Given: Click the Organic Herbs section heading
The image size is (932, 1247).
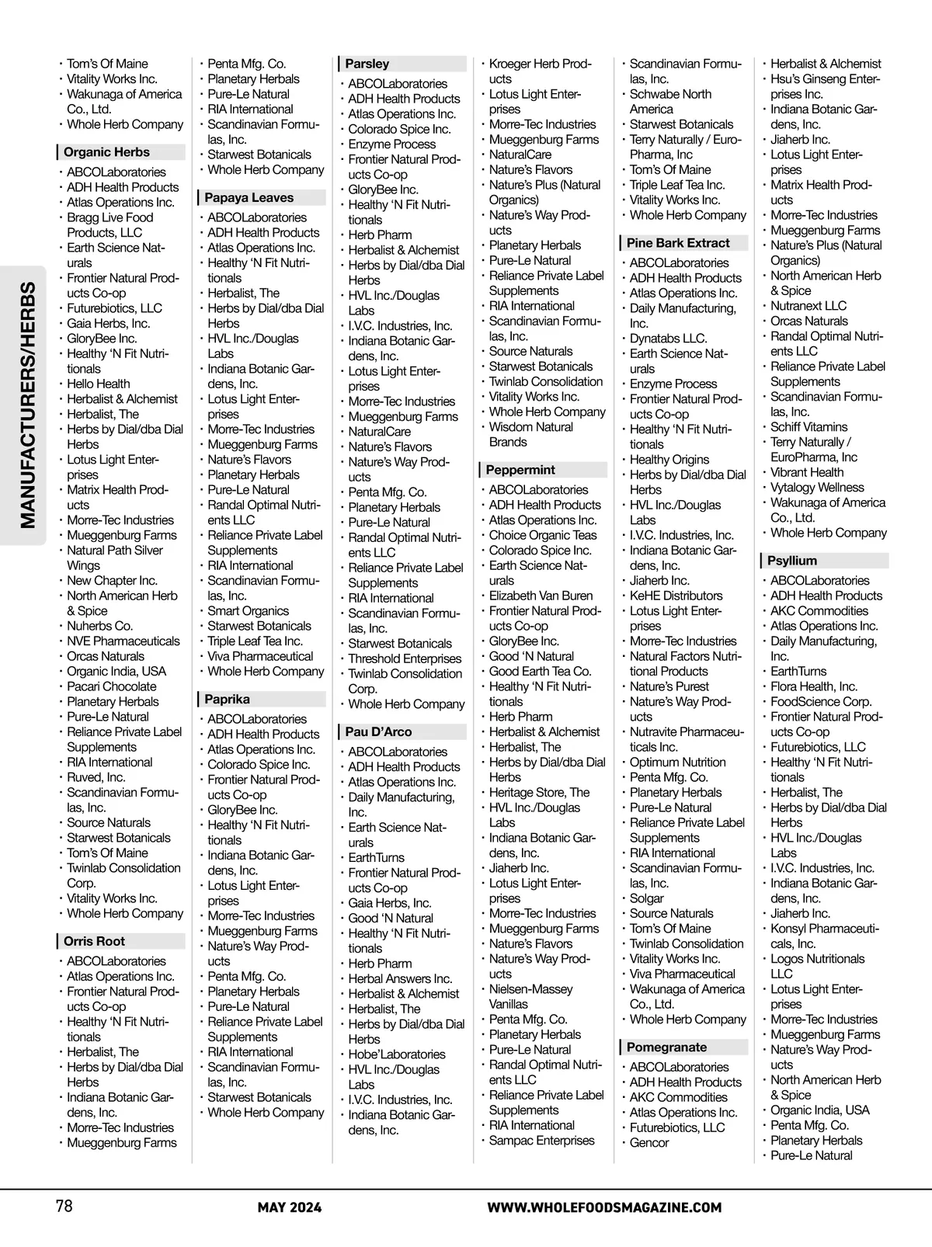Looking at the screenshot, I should click(106, 152).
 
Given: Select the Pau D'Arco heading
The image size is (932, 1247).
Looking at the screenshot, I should click(378, 731).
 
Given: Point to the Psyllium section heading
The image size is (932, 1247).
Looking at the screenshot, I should click(792, 561).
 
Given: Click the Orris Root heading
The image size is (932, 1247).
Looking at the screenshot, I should click(94, 941).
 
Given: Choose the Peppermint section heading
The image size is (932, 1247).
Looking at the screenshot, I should click(520, 470).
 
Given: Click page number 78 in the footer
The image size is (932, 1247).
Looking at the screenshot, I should click(64, 1207).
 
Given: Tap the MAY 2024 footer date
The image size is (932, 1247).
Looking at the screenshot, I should click(290, 1207).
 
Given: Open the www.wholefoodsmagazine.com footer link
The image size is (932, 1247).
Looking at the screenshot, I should click(604, 1207).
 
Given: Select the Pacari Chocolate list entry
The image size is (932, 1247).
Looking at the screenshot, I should click(111, 686).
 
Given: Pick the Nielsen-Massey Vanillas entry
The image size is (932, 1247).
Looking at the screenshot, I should click(530, 996).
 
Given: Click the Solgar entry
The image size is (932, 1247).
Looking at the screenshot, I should click(646, 898).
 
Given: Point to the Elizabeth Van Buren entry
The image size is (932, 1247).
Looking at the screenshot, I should click(541, 596).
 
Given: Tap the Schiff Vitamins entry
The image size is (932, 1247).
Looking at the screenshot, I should click(809, 427).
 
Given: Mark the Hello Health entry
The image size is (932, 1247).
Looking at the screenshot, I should click(98, 384).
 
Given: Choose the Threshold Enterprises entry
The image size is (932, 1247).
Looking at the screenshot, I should click(404, 658).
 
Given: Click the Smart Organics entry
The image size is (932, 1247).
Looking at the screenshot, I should click(248, 611).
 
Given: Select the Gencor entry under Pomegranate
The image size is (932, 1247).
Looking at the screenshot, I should click(649, 1142).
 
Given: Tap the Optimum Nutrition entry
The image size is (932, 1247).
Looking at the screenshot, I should click(677, 762).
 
